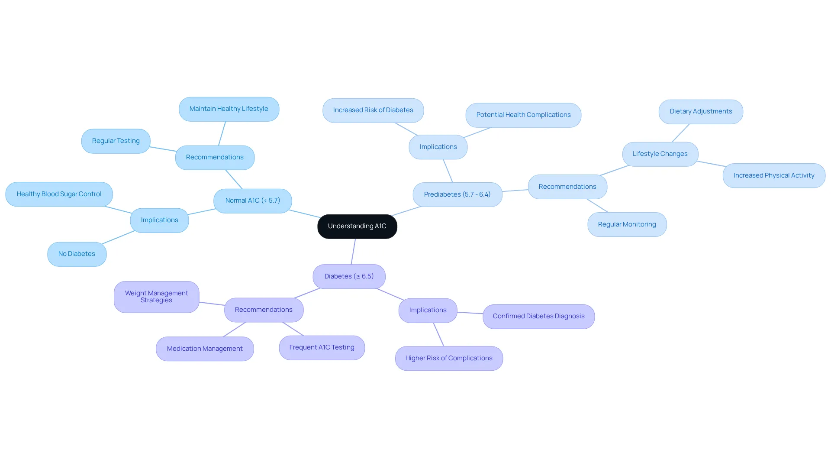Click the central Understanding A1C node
tap(357, 226)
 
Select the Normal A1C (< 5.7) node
tap(253, 201)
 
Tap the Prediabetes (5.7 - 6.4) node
tap(457, 194)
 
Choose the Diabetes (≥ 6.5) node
tap(349, 276)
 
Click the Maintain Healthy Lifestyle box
tap(229, 109)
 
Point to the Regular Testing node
tap(116, 141)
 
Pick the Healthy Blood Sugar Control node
tap(59, 194)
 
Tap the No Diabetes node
tap(77, 254)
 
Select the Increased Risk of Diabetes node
tap(373, 110)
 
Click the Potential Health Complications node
tap(523, 115)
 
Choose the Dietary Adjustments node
tap(701, 112)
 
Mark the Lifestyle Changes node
tap(660, 154)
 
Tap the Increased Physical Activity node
tap(774, 175)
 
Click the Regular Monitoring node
tap(627, 224)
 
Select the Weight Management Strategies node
tap(157, 297)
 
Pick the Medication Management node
tap(205, 349)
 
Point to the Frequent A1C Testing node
tap(322, 348)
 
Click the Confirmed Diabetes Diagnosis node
tap(539, 317)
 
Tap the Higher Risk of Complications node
tap(449, 358)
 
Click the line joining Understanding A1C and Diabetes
tap(353, 252)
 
